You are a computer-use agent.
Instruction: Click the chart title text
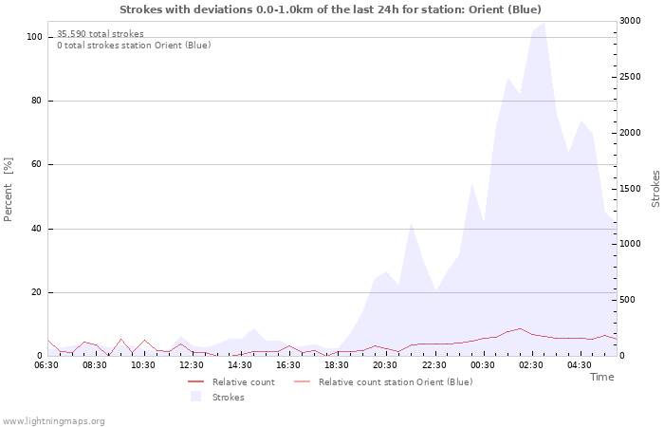[x=331, y=9]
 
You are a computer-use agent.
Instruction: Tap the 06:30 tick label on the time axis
[x=46, y=364]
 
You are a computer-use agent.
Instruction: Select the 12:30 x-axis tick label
[x=192, y=364]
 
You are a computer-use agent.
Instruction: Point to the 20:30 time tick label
[x=385, y=364]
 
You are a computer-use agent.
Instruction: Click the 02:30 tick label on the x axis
[x=531, y=364]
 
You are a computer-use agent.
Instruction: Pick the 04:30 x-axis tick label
[x=580, y=364]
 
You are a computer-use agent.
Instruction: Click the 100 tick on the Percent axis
[x=34, y=37]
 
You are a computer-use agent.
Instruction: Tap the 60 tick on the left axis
[x=37, y=164]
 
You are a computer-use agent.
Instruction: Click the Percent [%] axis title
[x=9, y=190]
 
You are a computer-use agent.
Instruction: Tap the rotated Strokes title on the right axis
[x=655, y=189]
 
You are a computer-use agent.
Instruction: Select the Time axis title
[x=601, y=377]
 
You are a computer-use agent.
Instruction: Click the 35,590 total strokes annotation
[x=101, y=34]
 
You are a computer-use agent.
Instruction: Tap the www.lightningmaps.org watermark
[x=53, y=420]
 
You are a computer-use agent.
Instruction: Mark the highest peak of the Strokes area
[x=544, y=24]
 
